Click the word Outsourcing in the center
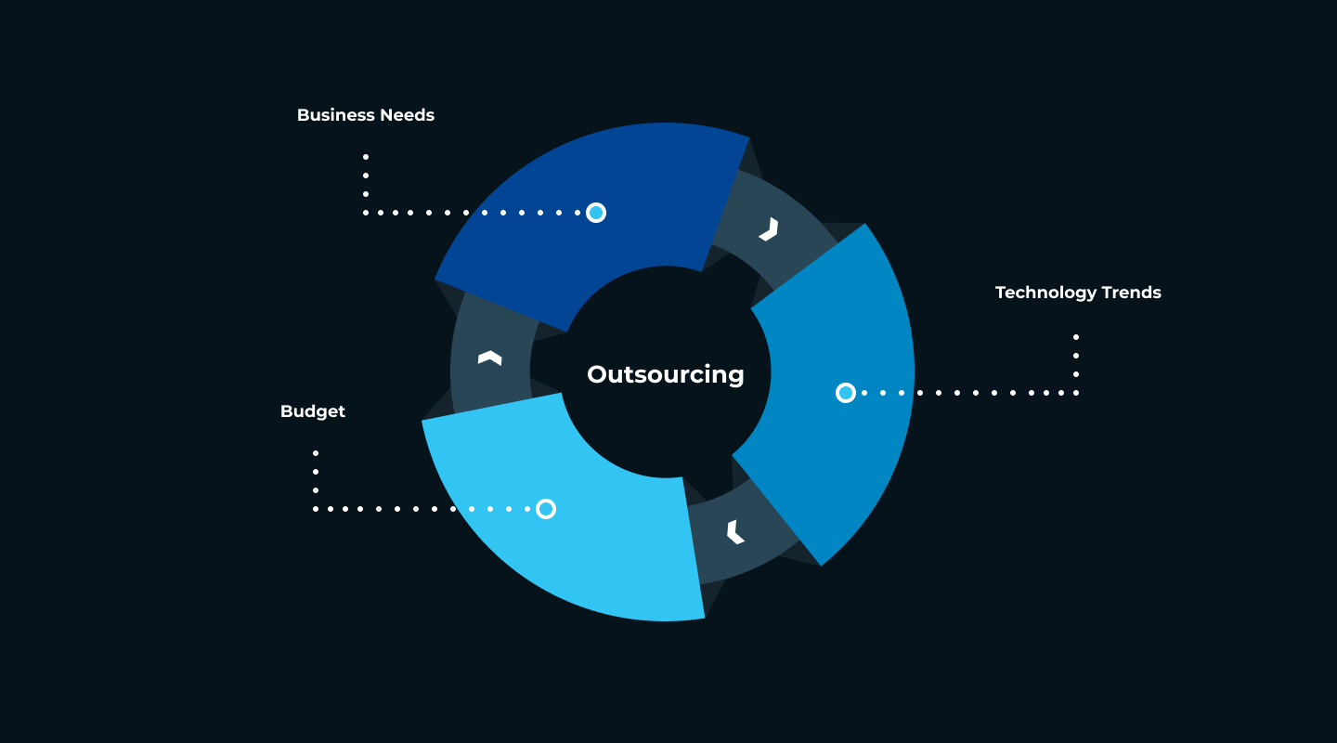(x=666, y=375)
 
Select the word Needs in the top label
(x=407, y=114)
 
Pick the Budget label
(x=313, y=411)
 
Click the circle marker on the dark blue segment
(x=596, y=213)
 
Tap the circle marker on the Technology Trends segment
(x=846, y=393)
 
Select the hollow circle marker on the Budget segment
(x=546, y=509)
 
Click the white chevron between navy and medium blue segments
(x=770, y=229)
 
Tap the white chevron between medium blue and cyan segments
(x=735, y=532)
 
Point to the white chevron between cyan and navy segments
(x=490, y=358)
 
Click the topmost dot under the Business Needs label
(x=366, y=157)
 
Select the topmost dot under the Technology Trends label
(x=1076, y=337)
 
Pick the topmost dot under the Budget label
(x=316, y=453)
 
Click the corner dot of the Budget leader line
(x=316, y=509)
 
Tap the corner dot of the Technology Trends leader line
(x=1076, y=393)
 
